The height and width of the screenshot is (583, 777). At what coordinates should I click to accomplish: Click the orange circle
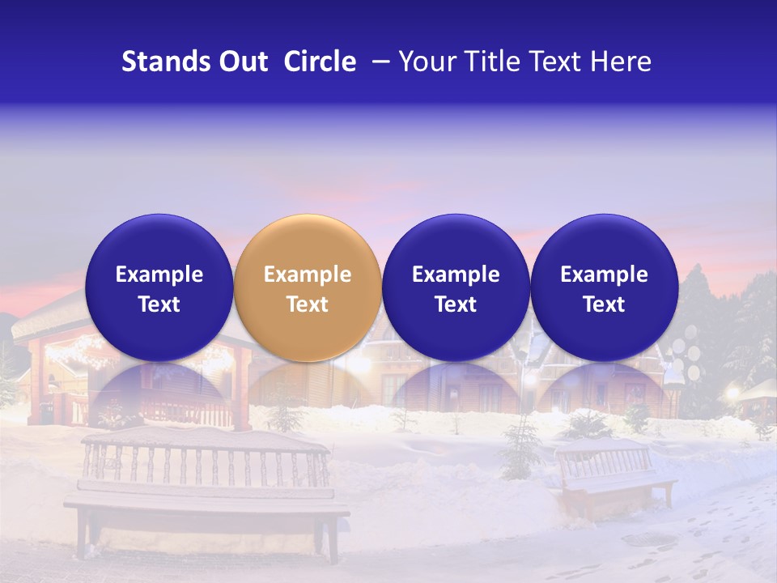[307, 287]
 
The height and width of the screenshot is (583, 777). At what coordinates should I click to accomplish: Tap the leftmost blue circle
[159, 287]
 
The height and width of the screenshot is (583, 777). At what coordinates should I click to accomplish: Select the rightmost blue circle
[604, 287]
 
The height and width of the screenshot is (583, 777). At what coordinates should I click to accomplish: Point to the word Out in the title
[242, 62]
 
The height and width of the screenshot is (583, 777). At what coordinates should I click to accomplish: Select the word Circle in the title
[320, 62]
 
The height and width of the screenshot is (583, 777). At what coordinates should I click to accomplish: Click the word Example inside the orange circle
[308, 274]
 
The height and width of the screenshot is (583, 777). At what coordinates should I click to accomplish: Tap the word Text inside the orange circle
[308, 304]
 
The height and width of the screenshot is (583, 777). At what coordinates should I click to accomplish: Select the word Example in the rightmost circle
[604, 274]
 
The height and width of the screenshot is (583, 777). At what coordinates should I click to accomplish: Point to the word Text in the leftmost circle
[159, 304]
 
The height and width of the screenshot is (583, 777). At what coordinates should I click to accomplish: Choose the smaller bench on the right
[615, 478]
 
